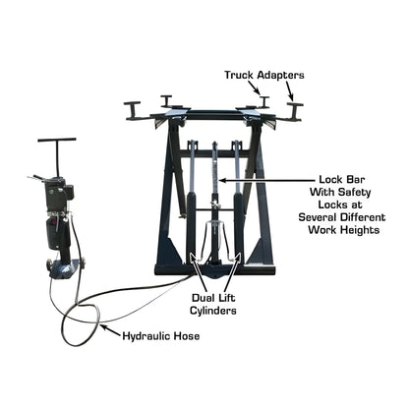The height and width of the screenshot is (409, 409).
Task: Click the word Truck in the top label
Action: pyautogui.click(x=242, y=74)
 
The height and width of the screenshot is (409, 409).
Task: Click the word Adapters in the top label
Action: pyautogui.click(x=286, y=74)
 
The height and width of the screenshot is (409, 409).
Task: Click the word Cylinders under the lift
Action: pyautogui.click(x=213, y=312)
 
